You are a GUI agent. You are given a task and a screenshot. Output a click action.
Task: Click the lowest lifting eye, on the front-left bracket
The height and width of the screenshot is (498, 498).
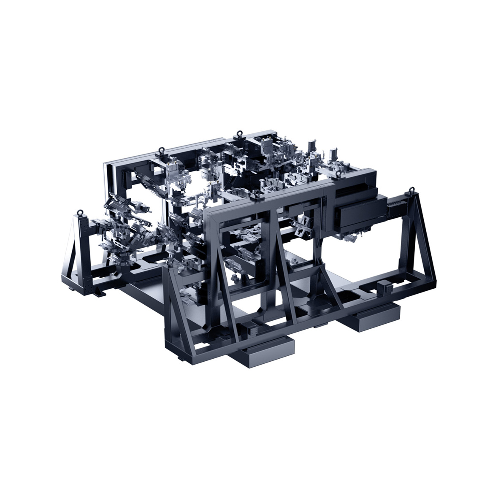click(x=170, y=263)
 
